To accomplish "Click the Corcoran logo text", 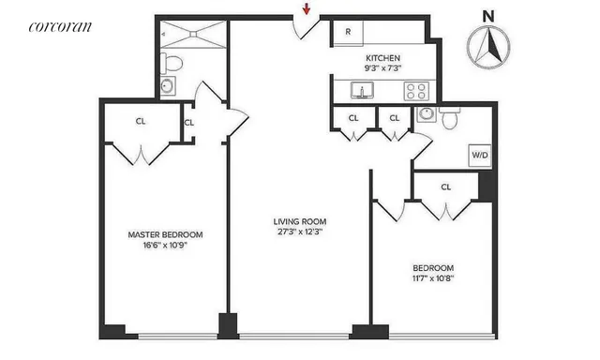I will pyautogui.click(x=60, y=26).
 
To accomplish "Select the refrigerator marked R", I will pyautogui.click(x=348, y=31).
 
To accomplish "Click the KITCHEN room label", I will pyautogui.click(x=383, y=57).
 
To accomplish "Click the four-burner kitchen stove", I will pyautogui.click(x=415, y=91).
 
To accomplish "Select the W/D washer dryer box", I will pyautogui.click(x=478, y=155).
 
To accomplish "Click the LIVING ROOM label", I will pyautogui.click(x=299, y=222).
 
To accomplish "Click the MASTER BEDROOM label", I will pyautogui.click(x=165, y=234).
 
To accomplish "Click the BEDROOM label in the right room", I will pyautogui.click(x=433, y=267).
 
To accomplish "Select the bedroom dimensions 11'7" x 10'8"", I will pyautogui.click(x=433, y=278).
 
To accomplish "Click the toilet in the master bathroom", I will pyautogui.click(x=171, y=64).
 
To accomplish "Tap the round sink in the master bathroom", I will pyautogui.click(x=168, y=86).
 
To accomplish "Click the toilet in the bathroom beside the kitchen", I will pyautogui.click(x=448, y=118).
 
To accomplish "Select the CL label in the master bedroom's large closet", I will pyautogui.click(x=141, y=120).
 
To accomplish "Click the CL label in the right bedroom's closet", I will pyautogui.click(x=446, y=187).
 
